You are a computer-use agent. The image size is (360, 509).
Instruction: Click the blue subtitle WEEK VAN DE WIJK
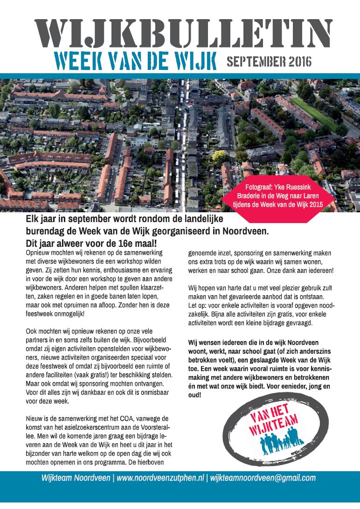click(x=127, y=61)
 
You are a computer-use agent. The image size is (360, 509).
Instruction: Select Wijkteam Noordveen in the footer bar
click(x=76, y=478)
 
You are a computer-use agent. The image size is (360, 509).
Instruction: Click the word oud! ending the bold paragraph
click(x=195, y=395)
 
